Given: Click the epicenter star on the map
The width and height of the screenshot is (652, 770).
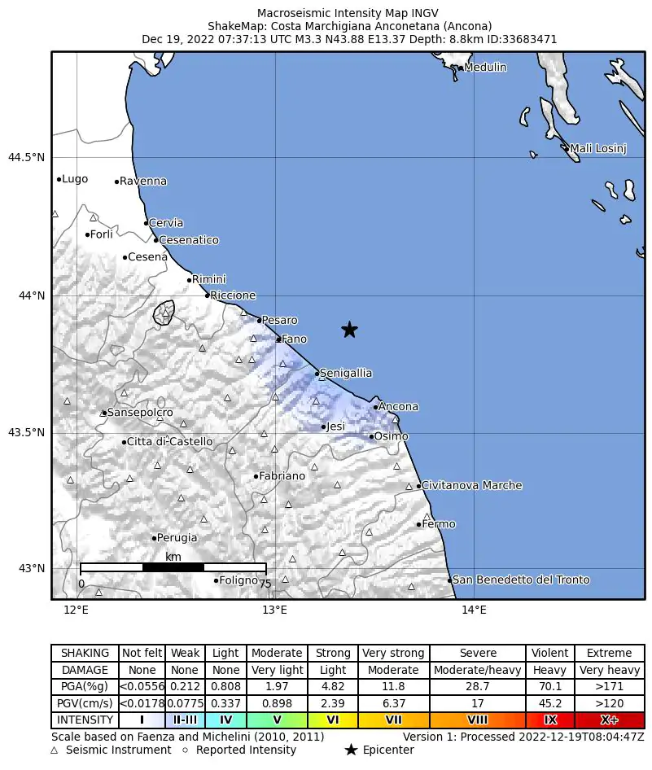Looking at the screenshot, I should pos(349,330).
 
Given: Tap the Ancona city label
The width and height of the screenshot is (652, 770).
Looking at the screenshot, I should pos(399,407).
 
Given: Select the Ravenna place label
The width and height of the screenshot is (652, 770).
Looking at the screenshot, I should pos(143,182).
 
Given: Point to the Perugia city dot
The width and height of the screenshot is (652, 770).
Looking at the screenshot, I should pos(154,538).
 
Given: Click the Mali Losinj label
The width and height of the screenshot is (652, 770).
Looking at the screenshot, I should pos(598,148).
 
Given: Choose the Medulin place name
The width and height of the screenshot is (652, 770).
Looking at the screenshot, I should pos(485,68).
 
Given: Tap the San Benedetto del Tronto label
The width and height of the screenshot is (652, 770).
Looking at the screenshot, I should pos(521,580).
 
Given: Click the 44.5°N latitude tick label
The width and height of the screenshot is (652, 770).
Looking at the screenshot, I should pos(27,157).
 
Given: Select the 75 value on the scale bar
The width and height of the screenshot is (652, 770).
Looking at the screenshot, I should pos(265,584).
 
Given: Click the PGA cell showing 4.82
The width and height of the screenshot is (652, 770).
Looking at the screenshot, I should pos(333,687).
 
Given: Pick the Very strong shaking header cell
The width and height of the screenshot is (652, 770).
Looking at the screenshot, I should pos(393,653).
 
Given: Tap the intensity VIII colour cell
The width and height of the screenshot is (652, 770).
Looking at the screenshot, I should pos(478,720).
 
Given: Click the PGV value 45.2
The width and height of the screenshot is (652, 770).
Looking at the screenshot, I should pos(550,703).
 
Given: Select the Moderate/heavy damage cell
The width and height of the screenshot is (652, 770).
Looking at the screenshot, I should pos(478,670).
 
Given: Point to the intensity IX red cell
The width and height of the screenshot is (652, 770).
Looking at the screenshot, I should pos(550,720).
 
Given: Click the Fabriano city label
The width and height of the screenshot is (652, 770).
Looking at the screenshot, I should pos(282,476).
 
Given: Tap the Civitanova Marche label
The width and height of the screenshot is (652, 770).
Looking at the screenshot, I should pos(472,486).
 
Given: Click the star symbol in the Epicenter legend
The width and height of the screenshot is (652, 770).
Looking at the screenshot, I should pos(351,750).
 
